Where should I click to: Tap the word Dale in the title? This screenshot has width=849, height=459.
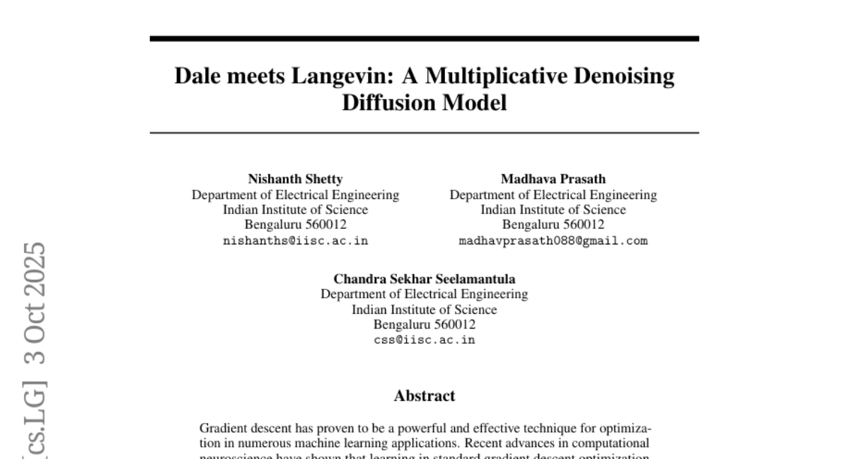(x=197, y=76)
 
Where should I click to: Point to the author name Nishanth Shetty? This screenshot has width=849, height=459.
(x=295, y=179)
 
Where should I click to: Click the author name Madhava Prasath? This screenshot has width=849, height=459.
(x=553, y=179)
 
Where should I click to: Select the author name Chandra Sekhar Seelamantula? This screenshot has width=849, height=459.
(x=424, y=279)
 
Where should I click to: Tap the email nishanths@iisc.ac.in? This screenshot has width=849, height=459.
(x=295, y=241)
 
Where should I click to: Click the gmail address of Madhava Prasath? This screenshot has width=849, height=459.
(x=553, y=241)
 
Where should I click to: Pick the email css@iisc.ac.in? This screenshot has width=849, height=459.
(x=424, y=340)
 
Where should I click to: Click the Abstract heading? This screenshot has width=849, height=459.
(x=424, y=396)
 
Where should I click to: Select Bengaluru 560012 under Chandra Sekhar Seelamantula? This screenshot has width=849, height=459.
(x=424, y=324)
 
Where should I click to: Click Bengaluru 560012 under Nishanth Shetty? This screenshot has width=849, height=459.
(x=295, y=225)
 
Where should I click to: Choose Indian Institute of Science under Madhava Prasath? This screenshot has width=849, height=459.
(x=553, y=210)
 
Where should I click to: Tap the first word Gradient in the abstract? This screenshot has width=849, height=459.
(x=222, y=429)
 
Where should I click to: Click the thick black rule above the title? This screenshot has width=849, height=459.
(x=424, y=38)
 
